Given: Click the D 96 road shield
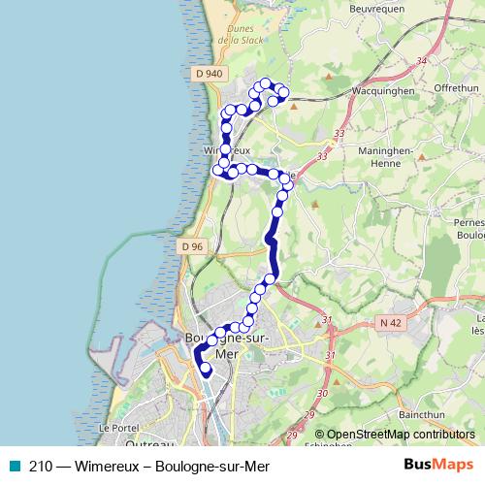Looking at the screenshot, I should [x=191, y=246].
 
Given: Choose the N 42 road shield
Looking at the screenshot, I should [x=391, y=323].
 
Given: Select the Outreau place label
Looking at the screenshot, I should [x=150, y=443].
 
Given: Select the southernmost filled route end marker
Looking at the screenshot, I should [x=205, y=369].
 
